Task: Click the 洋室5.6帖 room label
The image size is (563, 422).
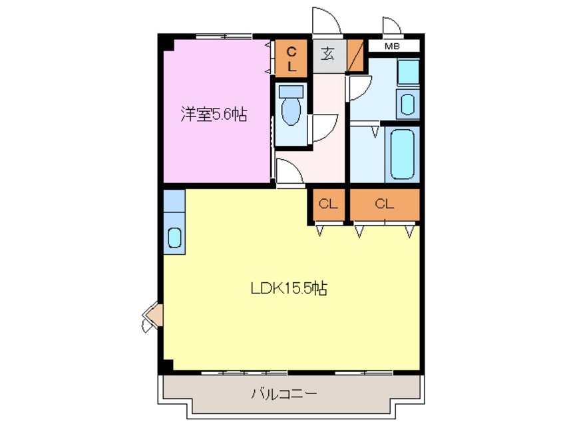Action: point(214,114)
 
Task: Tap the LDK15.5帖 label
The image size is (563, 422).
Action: point(289,289)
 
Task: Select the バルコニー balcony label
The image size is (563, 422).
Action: point(283,393)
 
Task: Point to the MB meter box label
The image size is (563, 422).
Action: point(392,47)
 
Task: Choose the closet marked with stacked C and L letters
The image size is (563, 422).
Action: point(291,59)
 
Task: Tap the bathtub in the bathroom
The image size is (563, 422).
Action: point(403,154)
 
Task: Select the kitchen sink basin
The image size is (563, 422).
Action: point(174,237)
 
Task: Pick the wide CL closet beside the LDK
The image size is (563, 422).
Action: point(385,205)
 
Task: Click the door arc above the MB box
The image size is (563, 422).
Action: point(392,26)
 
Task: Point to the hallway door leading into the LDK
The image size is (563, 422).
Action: point(290,172)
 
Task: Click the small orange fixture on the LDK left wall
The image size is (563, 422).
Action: point(152,316)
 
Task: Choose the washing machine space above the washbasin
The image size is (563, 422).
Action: point(407,72)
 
